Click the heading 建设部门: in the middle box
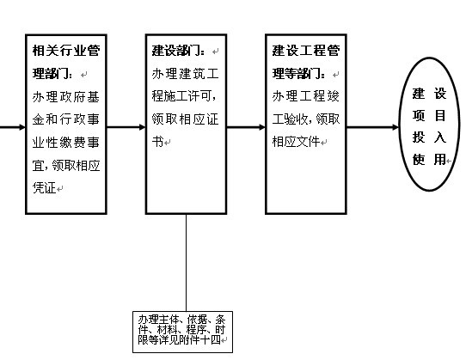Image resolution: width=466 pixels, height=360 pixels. (x=178, y=51)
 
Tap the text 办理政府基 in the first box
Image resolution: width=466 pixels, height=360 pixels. (x=65, y=97)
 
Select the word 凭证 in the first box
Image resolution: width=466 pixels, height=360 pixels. (x=45, y=188)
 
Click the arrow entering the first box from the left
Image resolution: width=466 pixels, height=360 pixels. (x=13, y=127)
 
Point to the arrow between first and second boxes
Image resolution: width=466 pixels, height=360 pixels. (x=126, y=127)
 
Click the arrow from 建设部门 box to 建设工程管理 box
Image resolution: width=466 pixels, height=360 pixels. (x=246, y=127)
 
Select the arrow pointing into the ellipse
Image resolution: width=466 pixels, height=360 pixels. (x=372, y=127)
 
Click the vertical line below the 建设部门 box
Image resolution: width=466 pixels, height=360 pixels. (x=187, y=263)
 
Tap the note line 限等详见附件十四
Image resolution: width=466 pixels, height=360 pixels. (x=179, y=339)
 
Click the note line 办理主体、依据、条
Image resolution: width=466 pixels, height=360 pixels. (x=182, y=320)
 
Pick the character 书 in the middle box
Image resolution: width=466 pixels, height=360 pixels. (x=157, y=142)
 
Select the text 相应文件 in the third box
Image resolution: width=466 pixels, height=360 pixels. (x=296, y=142)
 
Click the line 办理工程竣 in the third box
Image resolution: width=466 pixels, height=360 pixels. (x=305, y=96)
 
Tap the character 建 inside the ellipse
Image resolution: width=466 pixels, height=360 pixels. (x=419, y=94)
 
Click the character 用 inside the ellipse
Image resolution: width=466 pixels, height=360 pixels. (x=440, y=160)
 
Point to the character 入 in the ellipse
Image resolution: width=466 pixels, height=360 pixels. (x=440, y=137)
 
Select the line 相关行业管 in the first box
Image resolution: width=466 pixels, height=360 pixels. (x=66, y=51)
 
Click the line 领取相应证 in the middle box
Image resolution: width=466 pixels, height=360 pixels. (x=185, y=119)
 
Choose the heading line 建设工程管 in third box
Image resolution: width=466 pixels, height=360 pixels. (x=306, y=51)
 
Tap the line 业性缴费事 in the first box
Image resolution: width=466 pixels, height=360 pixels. (x=65, y=143)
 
